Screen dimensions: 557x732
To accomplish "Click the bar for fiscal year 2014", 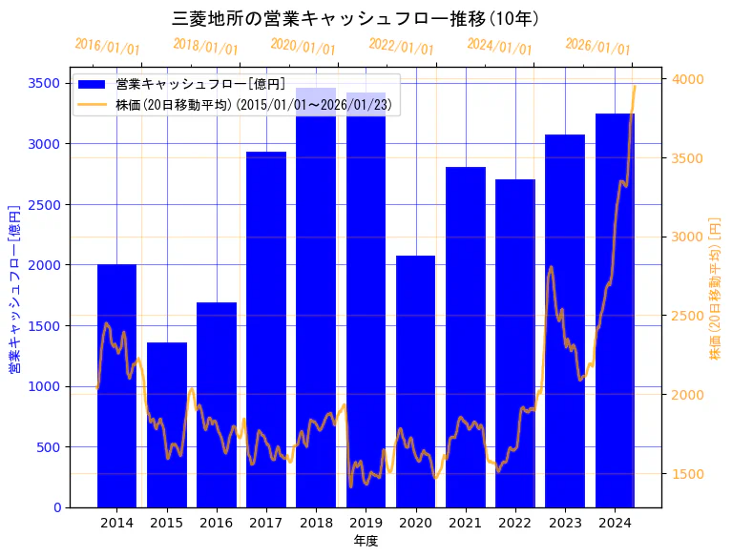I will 116,385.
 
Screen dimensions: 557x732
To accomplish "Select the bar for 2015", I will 167,424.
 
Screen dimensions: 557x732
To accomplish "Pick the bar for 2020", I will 415,382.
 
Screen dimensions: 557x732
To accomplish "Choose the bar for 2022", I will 515,343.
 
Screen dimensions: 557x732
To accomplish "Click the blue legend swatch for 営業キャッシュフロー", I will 93,84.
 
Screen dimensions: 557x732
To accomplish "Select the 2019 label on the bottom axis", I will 366,523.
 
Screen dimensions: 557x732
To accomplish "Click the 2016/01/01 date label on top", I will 107,47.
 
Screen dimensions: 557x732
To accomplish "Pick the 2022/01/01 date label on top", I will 401,47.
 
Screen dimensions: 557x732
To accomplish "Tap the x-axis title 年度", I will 366,541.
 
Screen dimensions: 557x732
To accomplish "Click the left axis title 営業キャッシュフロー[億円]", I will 14,288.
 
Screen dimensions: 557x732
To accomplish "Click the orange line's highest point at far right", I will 634,86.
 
